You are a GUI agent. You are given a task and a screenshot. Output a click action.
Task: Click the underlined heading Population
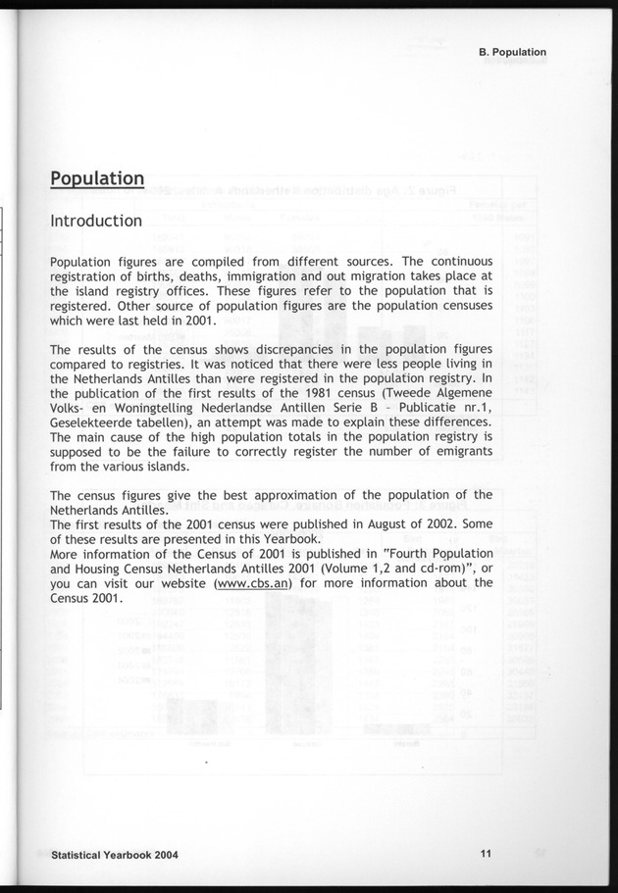[97, 178]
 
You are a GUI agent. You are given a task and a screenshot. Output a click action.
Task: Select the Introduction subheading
[96, 221]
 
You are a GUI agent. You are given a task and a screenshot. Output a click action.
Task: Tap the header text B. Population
[506, 52]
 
